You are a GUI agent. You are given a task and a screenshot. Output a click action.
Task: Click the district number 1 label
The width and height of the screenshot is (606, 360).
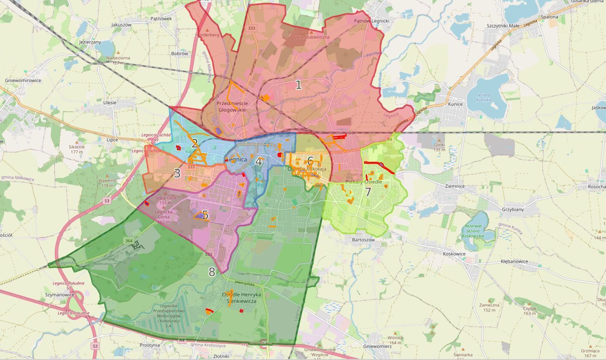click(298, 85)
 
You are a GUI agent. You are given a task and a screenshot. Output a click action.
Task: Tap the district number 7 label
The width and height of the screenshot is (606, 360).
click(368, 192)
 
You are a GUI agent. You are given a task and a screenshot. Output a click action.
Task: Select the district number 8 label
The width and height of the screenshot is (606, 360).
click(212, 272)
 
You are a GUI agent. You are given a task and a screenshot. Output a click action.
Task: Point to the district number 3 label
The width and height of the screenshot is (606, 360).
click(177, 173)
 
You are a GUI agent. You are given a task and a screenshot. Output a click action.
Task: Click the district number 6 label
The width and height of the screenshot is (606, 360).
click(310, 161)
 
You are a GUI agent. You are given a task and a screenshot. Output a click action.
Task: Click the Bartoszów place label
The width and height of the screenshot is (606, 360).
click(364, 240)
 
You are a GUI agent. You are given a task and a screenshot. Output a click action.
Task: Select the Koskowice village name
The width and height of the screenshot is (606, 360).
click(454, 254)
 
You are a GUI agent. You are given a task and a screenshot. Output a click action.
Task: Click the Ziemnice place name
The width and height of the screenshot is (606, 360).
click(455, 186)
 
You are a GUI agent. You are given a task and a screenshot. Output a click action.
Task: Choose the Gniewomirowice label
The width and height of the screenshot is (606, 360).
click(23, 80)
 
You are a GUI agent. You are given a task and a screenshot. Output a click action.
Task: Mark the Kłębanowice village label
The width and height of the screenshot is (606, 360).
click(514, 262)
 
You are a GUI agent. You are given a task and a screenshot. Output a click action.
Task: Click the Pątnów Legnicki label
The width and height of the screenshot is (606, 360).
click(371, 21)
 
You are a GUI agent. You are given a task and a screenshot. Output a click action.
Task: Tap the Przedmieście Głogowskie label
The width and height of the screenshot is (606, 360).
click(231, 107)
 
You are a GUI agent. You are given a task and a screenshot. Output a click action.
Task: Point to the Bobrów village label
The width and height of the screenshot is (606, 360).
click(179, 54)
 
